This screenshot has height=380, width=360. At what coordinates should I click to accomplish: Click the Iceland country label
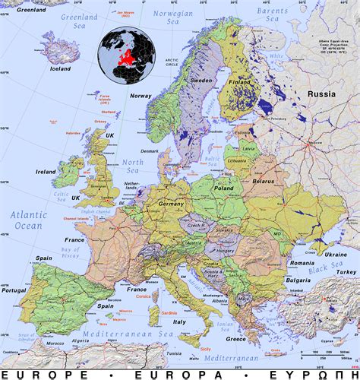[x=60, y=67]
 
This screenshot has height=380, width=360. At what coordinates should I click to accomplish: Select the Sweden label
[x=201, y=80]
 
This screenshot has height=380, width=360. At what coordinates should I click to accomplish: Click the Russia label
[x=321, y=94]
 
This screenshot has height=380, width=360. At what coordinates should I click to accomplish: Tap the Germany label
[x=172, y=204]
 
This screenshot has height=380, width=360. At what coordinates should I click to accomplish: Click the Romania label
[x=279, y=262]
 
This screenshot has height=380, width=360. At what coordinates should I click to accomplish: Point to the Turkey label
[x=347, y=272]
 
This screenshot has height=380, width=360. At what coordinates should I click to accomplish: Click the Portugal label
[x=14, y=290]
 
